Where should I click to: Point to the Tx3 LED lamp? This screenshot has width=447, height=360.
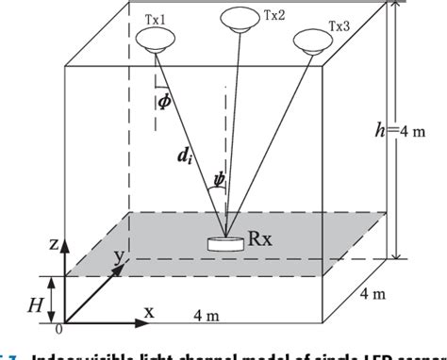point(311,41)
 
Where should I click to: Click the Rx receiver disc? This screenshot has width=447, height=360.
point(223,243)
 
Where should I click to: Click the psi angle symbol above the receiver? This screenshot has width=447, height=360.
point(218,175)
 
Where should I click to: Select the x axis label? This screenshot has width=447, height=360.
point(148,309)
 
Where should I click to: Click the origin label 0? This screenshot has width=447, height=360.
point(60,330)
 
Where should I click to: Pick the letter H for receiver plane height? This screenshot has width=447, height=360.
point(37,303)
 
